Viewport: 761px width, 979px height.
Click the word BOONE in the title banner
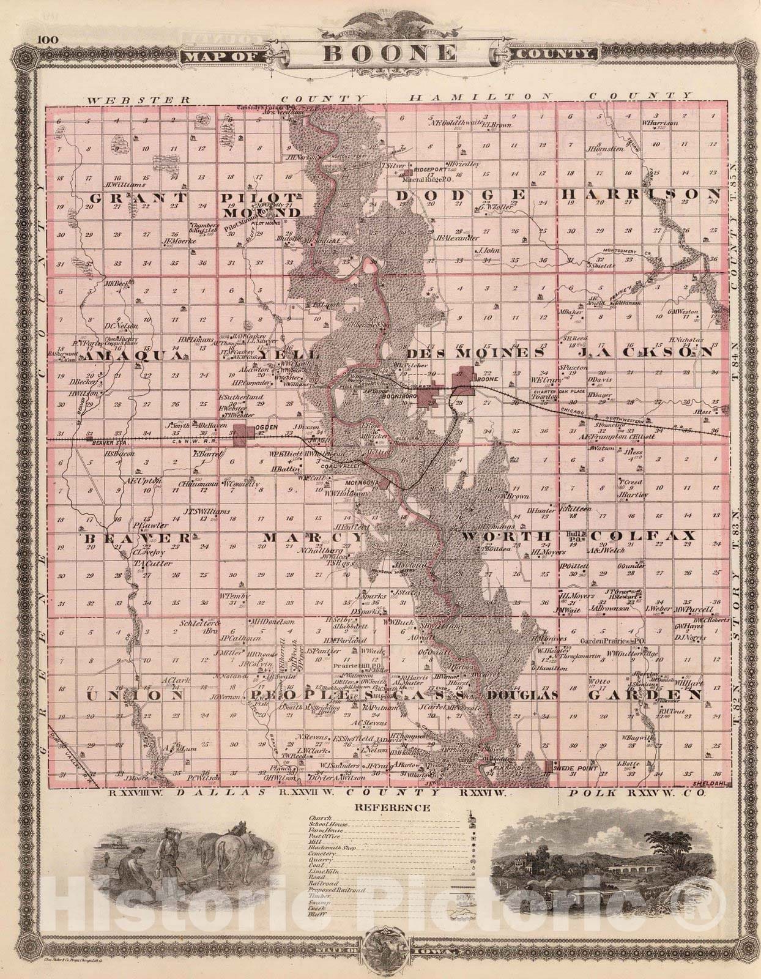coord(389,53)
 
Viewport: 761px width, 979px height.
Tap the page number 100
coord(47,40)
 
